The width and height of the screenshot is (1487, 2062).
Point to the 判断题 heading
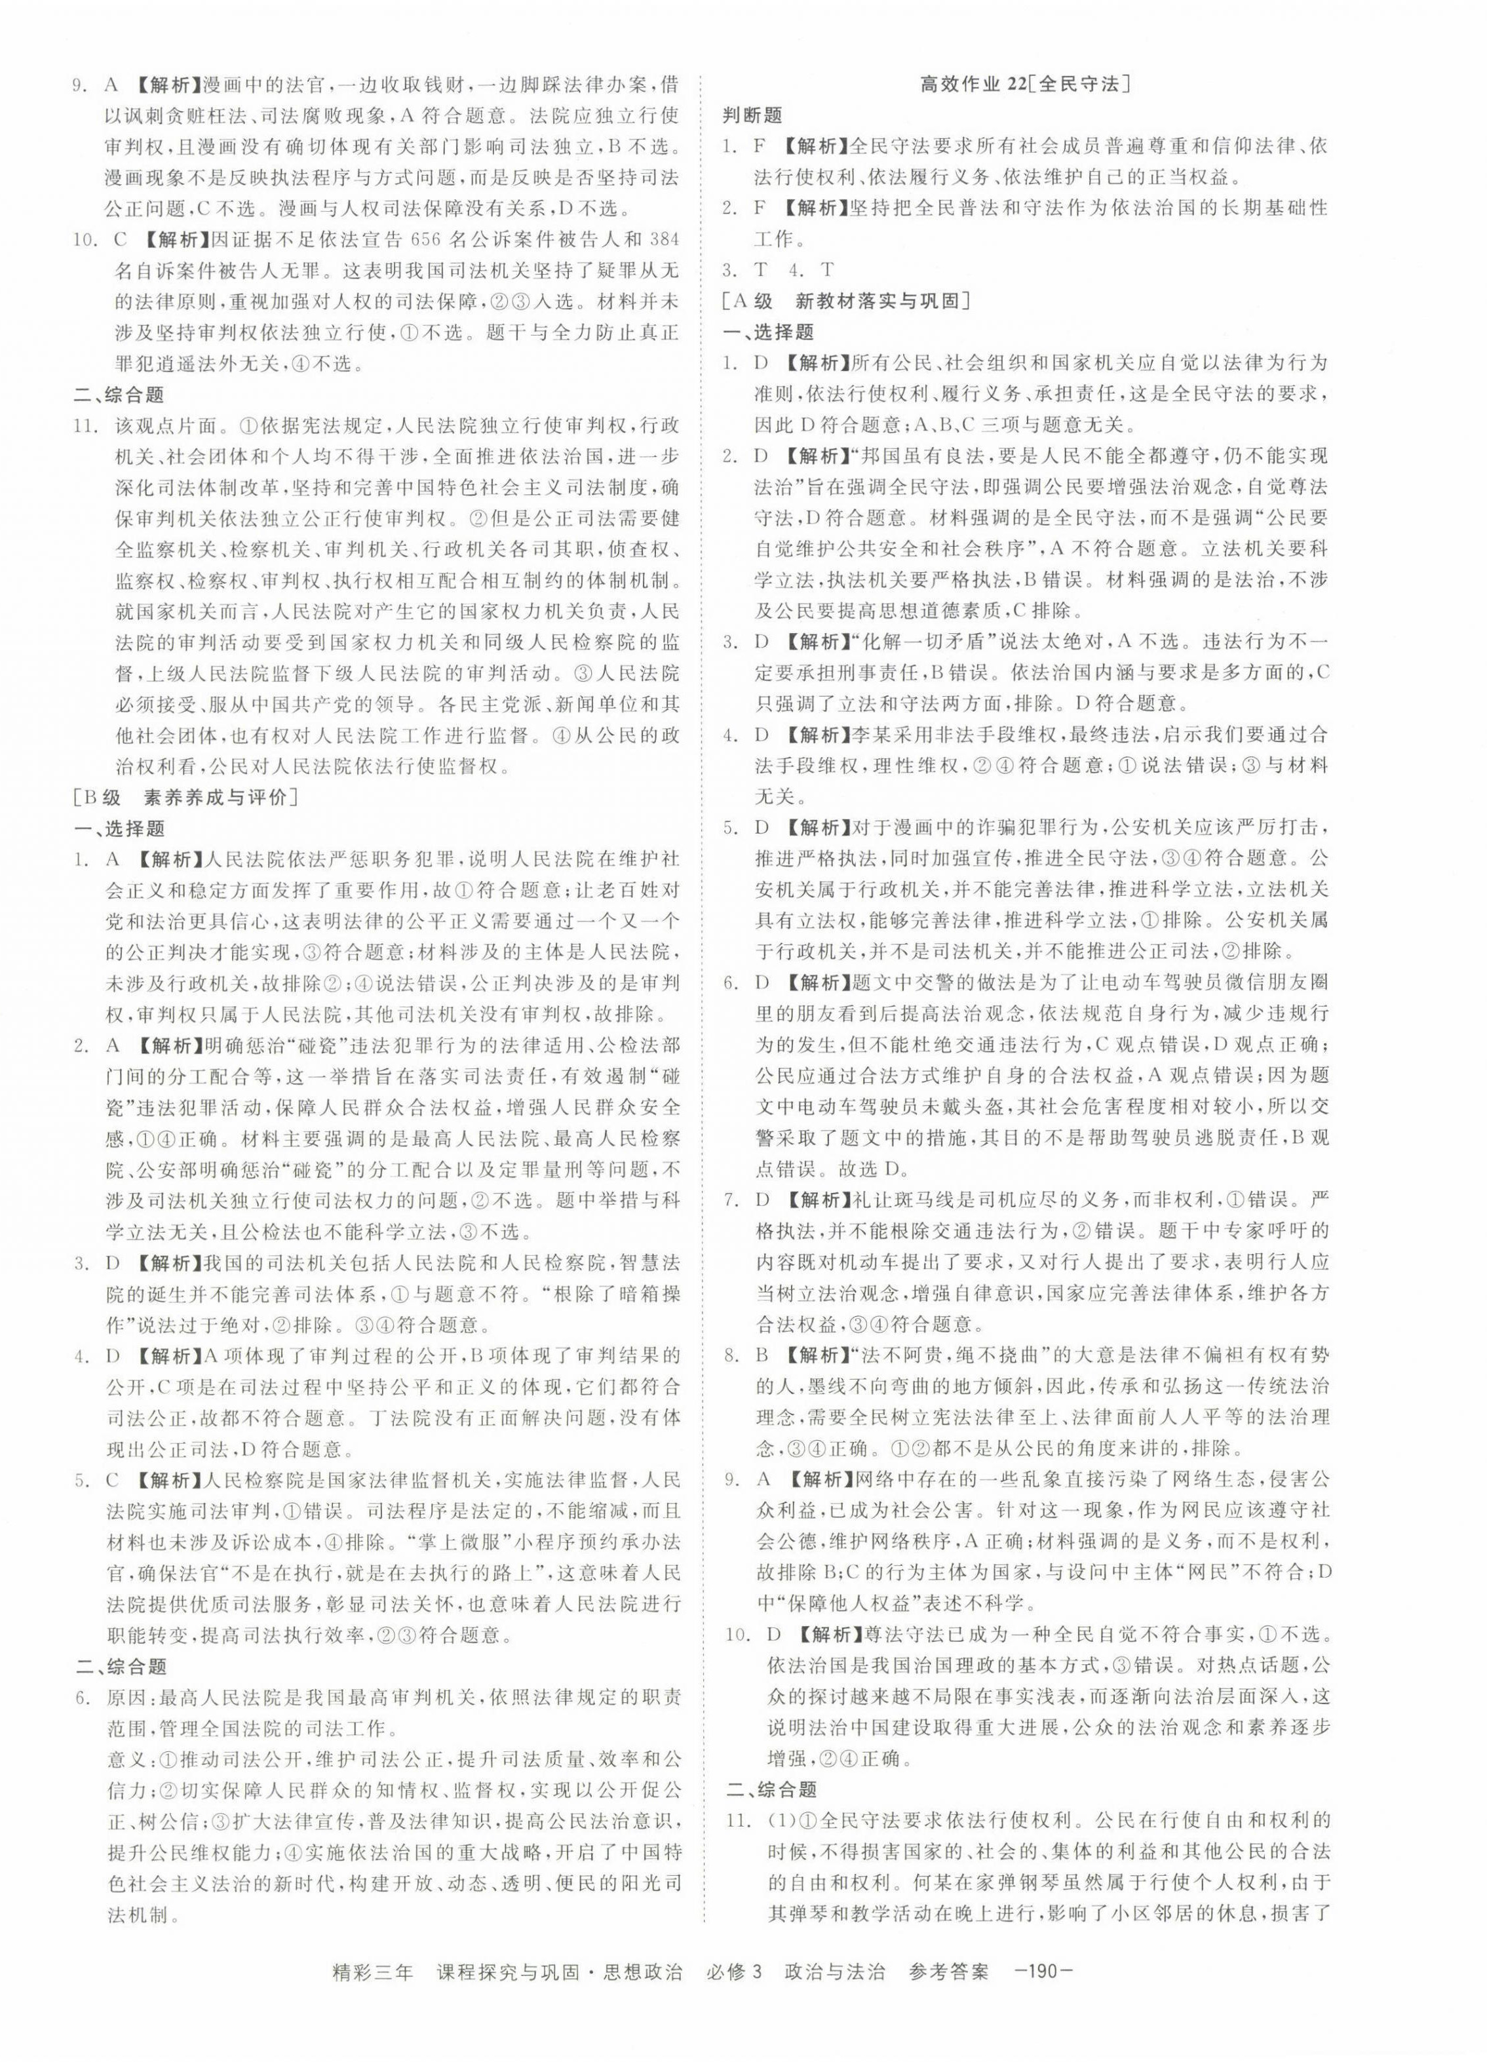pyautogui.click(x=752, y=115)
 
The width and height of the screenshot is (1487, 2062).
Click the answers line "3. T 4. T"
pyautogui.click(x=778, y=269)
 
